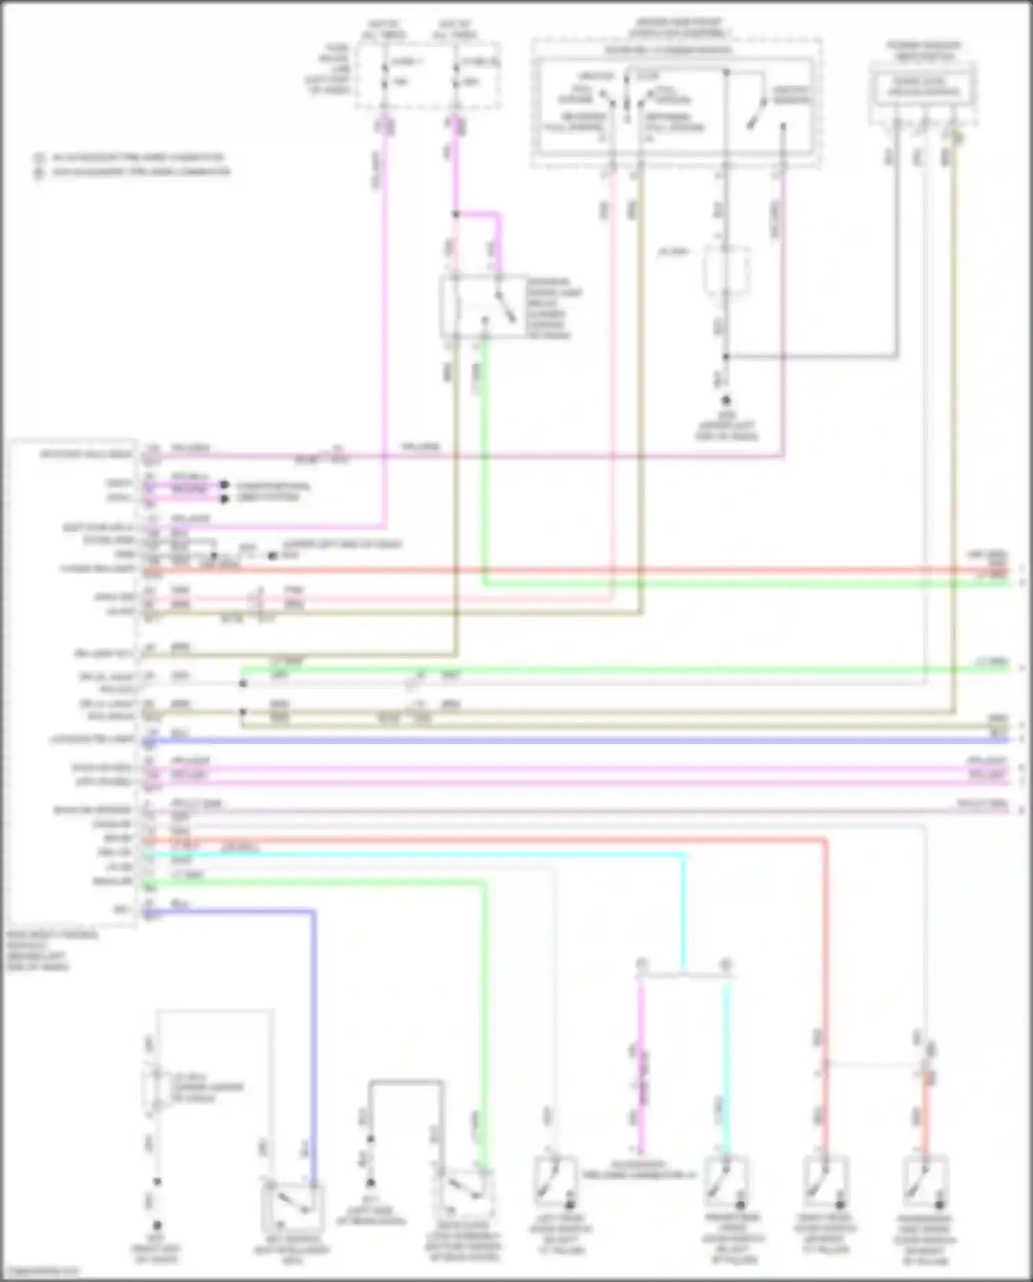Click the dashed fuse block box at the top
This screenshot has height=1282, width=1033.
(x=428, y=75)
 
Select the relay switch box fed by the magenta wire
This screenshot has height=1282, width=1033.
(x=484, y=307)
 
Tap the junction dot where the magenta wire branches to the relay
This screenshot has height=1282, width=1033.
(x=455, y=214)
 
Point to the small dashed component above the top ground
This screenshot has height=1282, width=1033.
(x=726, y=269)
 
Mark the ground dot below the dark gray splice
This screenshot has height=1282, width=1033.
(x=726, y=400)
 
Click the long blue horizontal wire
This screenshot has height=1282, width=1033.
(x=572, y=741)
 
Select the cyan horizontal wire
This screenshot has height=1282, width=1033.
(x=413, y=854)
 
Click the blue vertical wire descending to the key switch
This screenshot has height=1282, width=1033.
(x=315, y=1033)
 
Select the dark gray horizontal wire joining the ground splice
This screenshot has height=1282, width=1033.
(x=813, y=357)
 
